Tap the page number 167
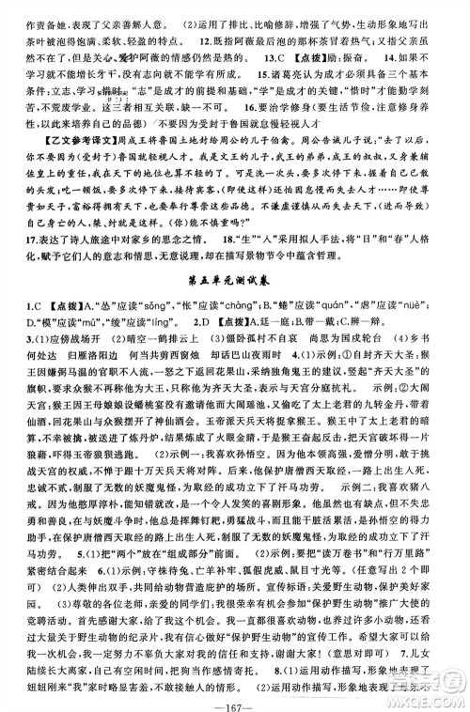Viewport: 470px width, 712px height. tap(234, 697)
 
